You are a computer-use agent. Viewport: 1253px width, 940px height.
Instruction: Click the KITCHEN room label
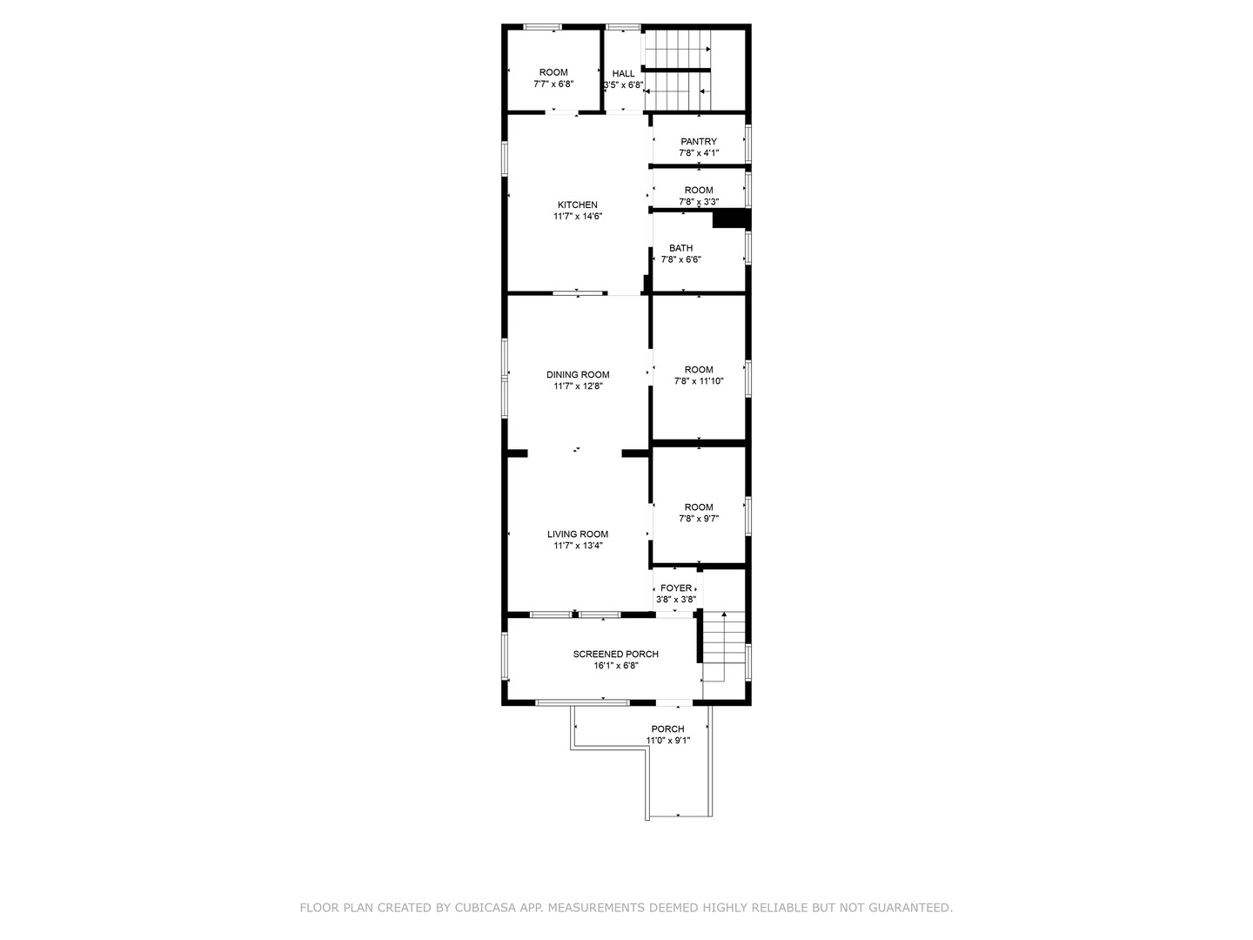[x=578, y=205]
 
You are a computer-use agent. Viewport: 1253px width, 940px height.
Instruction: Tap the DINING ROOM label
[x=578, y=375]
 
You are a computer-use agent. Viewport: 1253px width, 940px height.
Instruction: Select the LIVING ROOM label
[x=578, y=534]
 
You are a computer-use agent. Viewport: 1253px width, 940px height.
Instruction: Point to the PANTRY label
[x=699, y=142]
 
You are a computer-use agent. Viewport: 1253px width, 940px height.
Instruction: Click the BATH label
[x=681, y=248]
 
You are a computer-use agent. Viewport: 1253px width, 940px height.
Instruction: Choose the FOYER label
[x=676, y=588]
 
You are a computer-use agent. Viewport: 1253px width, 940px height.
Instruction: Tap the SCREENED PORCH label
[x=615, y=655]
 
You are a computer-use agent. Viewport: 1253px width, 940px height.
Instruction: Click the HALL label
[x=624, y=74]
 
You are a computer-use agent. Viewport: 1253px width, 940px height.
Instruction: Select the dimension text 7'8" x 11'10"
[x=699, y=381]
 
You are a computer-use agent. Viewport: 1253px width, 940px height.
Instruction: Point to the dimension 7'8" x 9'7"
[x=699, y=519]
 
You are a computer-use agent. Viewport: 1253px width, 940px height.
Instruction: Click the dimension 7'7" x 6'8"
[x=553, y=84]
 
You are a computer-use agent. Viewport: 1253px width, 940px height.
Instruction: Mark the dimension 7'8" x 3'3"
[x=699, y=202]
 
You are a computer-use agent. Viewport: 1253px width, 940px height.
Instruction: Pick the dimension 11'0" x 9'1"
[x=668, y=741]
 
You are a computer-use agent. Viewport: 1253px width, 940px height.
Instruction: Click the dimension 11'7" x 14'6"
[x=578, y=217]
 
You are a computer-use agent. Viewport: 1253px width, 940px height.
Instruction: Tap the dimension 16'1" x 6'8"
[x=615, y=666]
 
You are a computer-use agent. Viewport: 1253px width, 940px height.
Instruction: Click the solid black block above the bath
[x=731, y=218]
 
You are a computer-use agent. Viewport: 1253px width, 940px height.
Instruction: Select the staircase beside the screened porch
[x=724, y=648]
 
